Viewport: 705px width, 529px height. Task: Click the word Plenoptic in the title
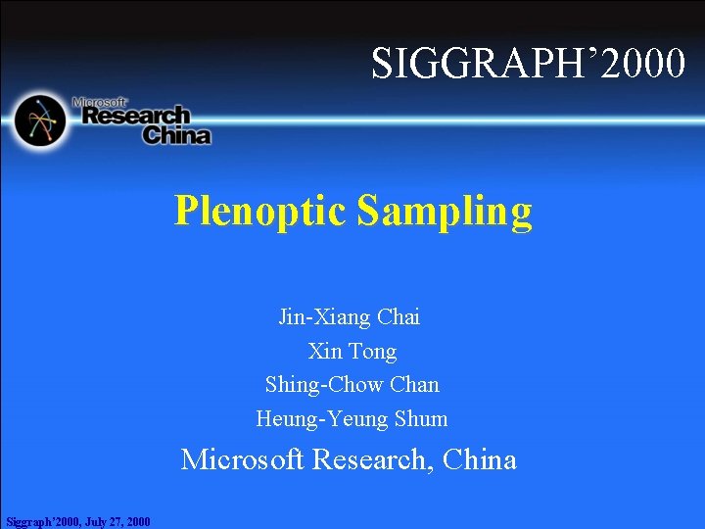[260, 211]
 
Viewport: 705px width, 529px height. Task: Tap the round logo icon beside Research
[39, 120]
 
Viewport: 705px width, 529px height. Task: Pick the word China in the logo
[176, 135]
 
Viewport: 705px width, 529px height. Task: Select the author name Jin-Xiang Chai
[350, 317]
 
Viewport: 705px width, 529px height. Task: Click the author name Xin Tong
[352, 351]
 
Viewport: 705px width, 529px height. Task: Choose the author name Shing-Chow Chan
[352, 384]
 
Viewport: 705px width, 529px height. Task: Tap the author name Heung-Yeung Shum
[352, 418]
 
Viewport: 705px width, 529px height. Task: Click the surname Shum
[421, 418]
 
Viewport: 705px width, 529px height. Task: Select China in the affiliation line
[480, 459]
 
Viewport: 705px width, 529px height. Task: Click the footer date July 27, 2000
[117, 521]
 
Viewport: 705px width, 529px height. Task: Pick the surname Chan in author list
[414, 384]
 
